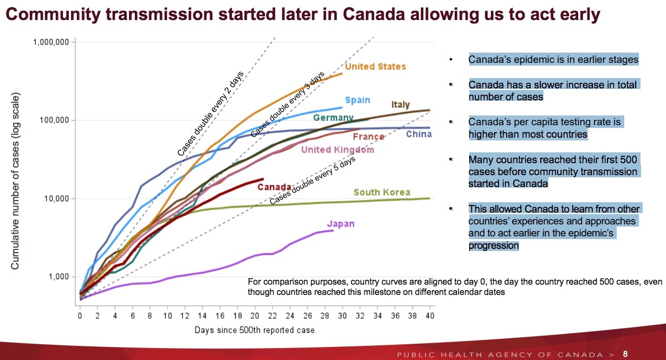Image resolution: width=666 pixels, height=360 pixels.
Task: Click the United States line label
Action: pos(375,67)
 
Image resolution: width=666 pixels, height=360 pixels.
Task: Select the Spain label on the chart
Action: pos(358,100)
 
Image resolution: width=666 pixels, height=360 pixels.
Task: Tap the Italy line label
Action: pos(400,105)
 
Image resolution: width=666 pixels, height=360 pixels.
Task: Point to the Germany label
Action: pos(333,118)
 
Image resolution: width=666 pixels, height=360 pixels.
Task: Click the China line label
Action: pos(419,133)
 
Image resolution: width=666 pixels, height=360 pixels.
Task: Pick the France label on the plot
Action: pos(368,137)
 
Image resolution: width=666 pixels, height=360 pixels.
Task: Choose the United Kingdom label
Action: pos(337,150)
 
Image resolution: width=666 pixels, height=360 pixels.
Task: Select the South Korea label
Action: pos(382,192)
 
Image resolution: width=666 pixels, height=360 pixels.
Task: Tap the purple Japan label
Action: pos(341,224)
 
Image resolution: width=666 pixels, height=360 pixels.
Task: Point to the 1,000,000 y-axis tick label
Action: pos(51,42)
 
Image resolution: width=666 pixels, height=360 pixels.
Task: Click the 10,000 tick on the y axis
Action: pos(55,198)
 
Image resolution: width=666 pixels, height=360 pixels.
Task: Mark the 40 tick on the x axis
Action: pos(430,316)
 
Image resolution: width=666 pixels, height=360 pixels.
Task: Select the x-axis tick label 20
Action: pos(255,316)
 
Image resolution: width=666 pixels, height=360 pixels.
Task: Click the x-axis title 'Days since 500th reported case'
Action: pos(255,330)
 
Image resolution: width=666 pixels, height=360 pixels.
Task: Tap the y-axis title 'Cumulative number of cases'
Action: pos(16,182)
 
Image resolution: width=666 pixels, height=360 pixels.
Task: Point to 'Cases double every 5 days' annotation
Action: pos(312,182)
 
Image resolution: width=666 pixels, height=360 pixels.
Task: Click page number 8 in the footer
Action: pos(625,354)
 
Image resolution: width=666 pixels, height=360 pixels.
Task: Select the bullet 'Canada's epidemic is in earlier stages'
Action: pos(553,60)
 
